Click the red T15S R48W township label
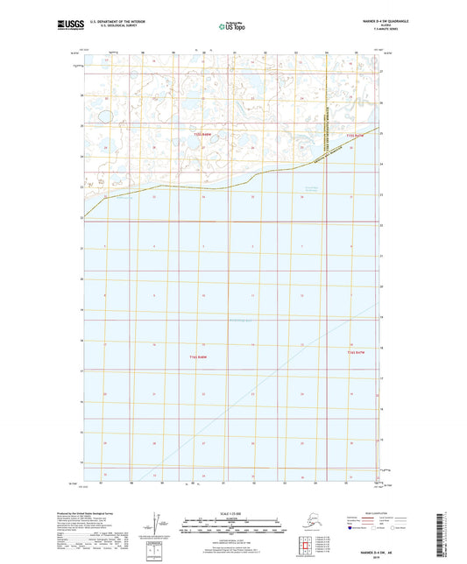(202, 133)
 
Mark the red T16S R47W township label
(355, 351)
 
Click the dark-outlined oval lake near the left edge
(104, 115)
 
